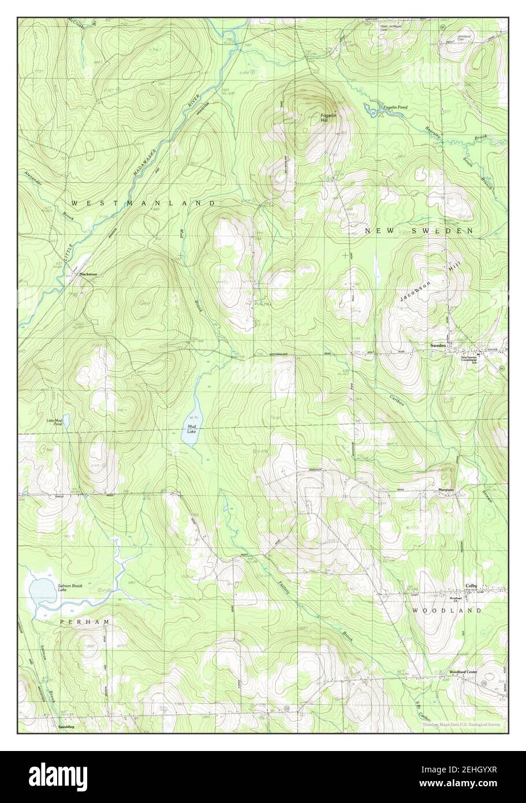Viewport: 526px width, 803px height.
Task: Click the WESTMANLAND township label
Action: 143,203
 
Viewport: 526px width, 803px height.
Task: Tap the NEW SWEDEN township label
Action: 419,231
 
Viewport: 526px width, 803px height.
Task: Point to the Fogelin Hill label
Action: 328,117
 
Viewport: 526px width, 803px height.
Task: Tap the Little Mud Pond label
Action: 54,422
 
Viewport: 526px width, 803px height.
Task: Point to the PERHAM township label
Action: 85,621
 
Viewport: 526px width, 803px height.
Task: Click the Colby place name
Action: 472,585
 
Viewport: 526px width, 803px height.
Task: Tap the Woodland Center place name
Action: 463,672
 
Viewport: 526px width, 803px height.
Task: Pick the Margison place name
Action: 445,490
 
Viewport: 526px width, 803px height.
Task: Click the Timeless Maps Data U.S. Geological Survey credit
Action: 460,724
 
